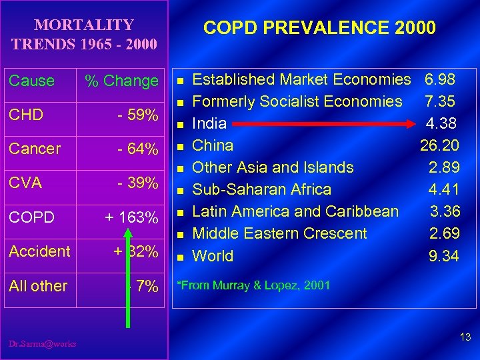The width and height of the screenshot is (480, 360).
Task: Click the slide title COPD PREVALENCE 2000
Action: pyautogui.click(x=319, y=28)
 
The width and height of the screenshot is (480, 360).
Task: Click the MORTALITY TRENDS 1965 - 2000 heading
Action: pyautogui.click(x=84, y=35)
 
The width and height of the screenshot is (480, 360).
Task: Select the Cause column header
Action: pyautogui.click(x=31, y=81)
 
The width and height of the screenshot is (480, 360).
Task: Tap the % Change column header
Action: pyautogui.click(x=121, y=81)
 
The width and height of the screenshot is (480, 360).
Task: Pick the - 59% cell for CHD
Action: pyautogui.click(x=137, y=115)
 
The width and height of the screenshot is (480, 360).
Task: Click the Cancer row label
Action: pyautogui.click(x=35, y=149)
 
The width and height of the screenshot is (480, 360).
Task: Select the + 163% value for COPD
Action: pyautogui.click(x=131, y=218)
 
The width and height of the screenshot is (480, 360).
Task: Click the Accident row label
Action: pyautogui.click(x=39, y=251)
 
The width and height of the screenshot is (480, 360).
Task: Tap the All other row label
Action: pyautogui.click(x=38, y=286)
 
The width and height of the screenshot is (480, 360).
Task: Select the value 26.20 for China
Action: pyautogui.click(x=439, y=145)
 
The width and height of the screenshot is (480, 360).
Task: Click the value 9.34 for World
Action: pyautogui.click(x=443, y=256)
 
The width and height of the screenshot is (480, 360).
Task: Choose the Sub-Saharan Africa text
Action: pyautogui.click(x=261, y=189)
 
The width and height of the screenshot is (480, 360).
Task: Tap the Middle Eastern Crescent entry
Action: pyautogui.click(x=279, y=233)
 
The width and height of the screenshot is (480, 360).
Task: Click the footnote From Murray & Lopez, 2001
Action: pyautogui.click(x=253, y=285)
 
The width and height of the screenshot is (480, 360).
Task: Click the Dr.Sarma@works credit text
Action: pyautogui.click(x=43, y=343)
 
